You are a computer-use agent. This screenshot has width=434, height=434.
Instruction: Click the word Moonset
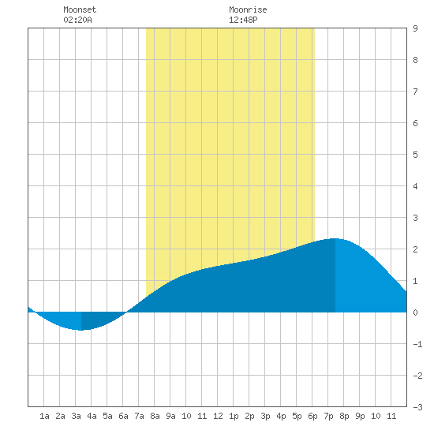[80, 9]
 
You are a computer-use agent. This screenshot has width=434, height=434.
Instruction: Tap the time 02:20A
[77, 20]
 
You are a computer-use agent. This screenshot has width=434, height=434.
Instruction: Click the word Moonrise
[248, 9]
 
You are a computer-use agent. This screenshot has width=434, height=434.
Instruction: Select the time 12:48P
[243, 20]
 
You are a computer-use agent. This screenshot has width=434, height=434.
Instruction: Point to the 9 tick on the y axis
[415, 28]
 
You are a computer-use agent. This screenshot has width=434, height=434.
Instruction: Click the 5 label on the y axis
[415, 155]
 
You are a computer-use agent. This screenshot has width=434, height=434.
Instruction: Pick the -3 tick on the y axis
[417, 407]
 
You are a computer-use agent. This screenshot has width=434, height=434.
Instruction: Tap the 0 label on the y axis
[415, 312]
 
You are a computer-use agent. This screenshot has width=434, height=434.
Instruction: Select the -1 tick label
[417, 344]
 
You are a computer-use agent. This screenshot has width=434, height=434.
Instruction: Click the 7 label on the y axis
[415, 92]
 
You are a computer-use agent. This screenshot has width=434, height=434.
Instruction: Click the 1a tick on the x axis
[44, 416]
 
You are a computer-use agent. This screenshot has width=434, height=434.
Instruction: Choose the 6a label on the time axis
[123, 416]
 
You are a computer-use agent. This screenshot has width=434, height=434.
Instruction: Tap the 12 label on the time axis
[218, 416]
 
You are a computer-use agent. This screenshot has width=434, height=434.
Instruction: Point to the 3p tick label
[265, 416]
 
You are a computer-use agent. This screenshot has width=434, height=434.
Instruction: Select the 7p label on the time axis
[328, 416]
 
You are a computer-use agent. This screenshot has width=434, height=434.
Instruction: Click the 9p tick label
[360, 416]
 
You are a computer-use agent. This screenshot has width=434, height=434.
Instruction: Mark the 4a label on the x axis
[92, 416]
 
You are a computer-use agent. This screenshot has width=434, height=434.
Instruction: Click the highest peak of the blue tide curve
[335, 238]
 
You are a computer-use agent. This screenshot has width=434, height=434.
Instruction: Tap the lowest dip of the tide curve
[81, 330]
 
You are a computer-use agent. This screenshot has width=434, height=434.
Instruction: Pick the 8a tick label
[155, 416]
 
